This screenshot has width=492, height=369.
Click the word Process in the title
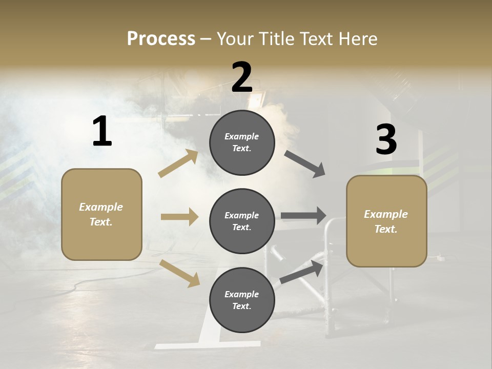click(x=161, y=39)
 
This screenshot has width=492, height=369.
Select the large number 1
click(x=101, y=132)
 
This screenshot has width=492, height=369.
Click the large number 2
click(x=242, y=77)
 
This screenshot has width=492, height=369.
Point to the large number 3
click(x=386, y=139)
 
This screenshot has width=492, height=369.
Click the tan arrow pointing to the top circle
click(x=178, y=163)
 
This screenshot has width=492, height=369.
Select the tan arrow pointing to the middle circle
click(x=179, y=217)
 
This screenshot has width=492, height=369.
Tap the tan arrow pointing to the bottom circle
click(x=179, y=273)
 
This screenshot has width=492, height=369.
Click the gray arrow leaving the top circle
click(x=304, y=164)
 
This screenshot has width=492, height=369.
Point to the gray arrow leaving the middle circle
click(x=303, y=216)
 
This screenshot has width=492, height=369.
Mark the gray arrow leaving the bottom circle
click(x=301, y=272)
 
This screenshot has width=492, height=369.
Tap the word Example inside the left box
click(x=101, y=207)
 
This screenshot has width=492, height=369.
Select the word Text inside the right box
click(x=385, y=229)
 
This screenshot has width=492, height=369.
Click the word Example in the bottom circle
click(x=241, y=294)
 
